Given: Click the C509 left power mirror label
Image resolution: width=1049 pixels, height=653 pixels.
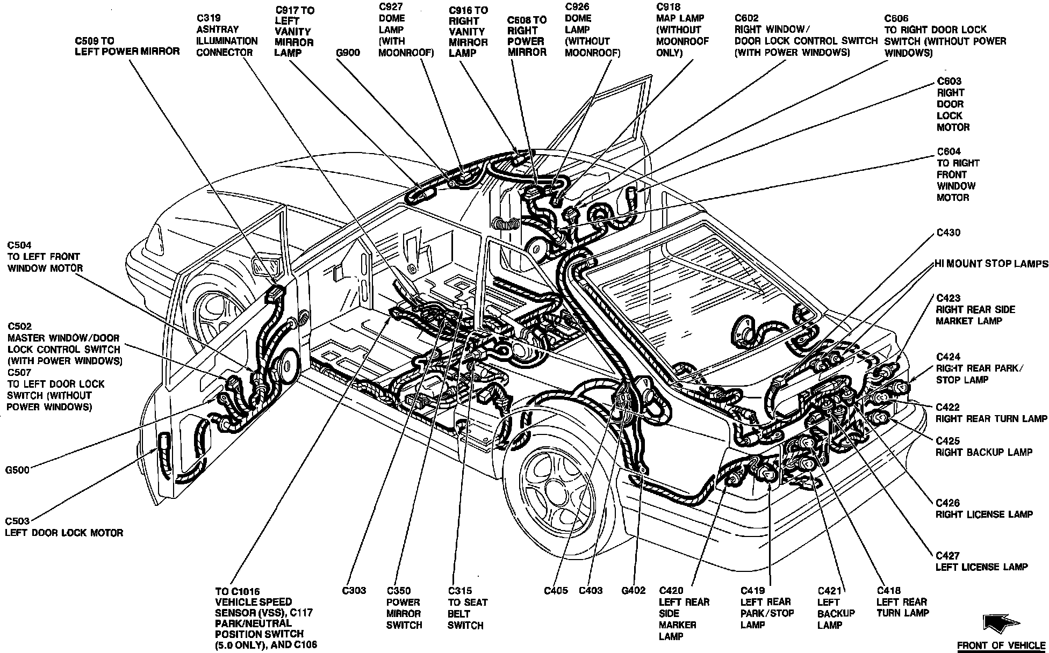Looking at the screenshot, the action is point(127,46).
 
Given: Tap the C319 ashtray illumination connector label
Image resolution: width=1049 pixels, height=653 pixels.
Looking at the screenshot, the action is point(227,35).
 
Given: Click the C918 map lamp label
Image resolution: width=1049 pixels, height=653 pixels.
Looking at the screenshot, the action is point(682,30).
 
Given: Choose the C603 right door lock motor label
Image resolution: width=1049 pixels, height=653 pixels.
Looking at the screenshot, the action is point(953,104).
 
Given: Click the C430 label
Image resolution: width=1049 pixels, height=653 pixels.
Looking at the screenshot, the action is point(949,233).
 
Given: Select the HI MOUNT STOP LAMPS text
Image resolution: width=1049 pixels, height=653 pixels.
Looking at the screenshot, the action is point(991,264).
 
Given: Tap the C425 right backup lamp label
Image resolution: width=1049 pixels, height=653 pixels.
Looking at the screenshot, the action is point(984,446).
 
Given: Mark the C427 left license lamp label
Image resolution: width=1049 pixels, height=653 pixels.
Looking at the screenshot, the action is point(981,561).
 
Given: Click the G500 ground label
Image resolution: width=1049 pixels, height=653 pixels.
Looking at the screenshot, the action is point(17,470).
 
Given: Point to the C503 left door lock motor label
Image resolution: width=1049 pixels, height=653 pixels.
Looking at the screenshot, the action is point(64,527).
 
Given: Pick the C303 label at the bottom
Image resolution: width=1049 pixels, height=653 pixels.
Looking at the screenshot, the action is point(354,591).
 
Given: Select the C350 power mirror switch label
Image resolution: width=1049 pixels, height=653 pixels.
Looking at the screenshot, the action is point(404,608).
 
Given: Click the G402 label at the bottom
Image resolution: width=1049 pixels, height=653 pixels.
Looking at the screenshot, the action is point(633,591).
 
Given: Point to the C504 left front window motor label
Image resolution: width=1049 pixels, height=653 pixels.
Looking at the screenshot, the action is point(45,257).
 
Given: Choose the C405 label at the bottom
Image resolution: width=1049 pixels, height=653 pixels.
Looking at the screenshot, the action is point(556,591).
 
